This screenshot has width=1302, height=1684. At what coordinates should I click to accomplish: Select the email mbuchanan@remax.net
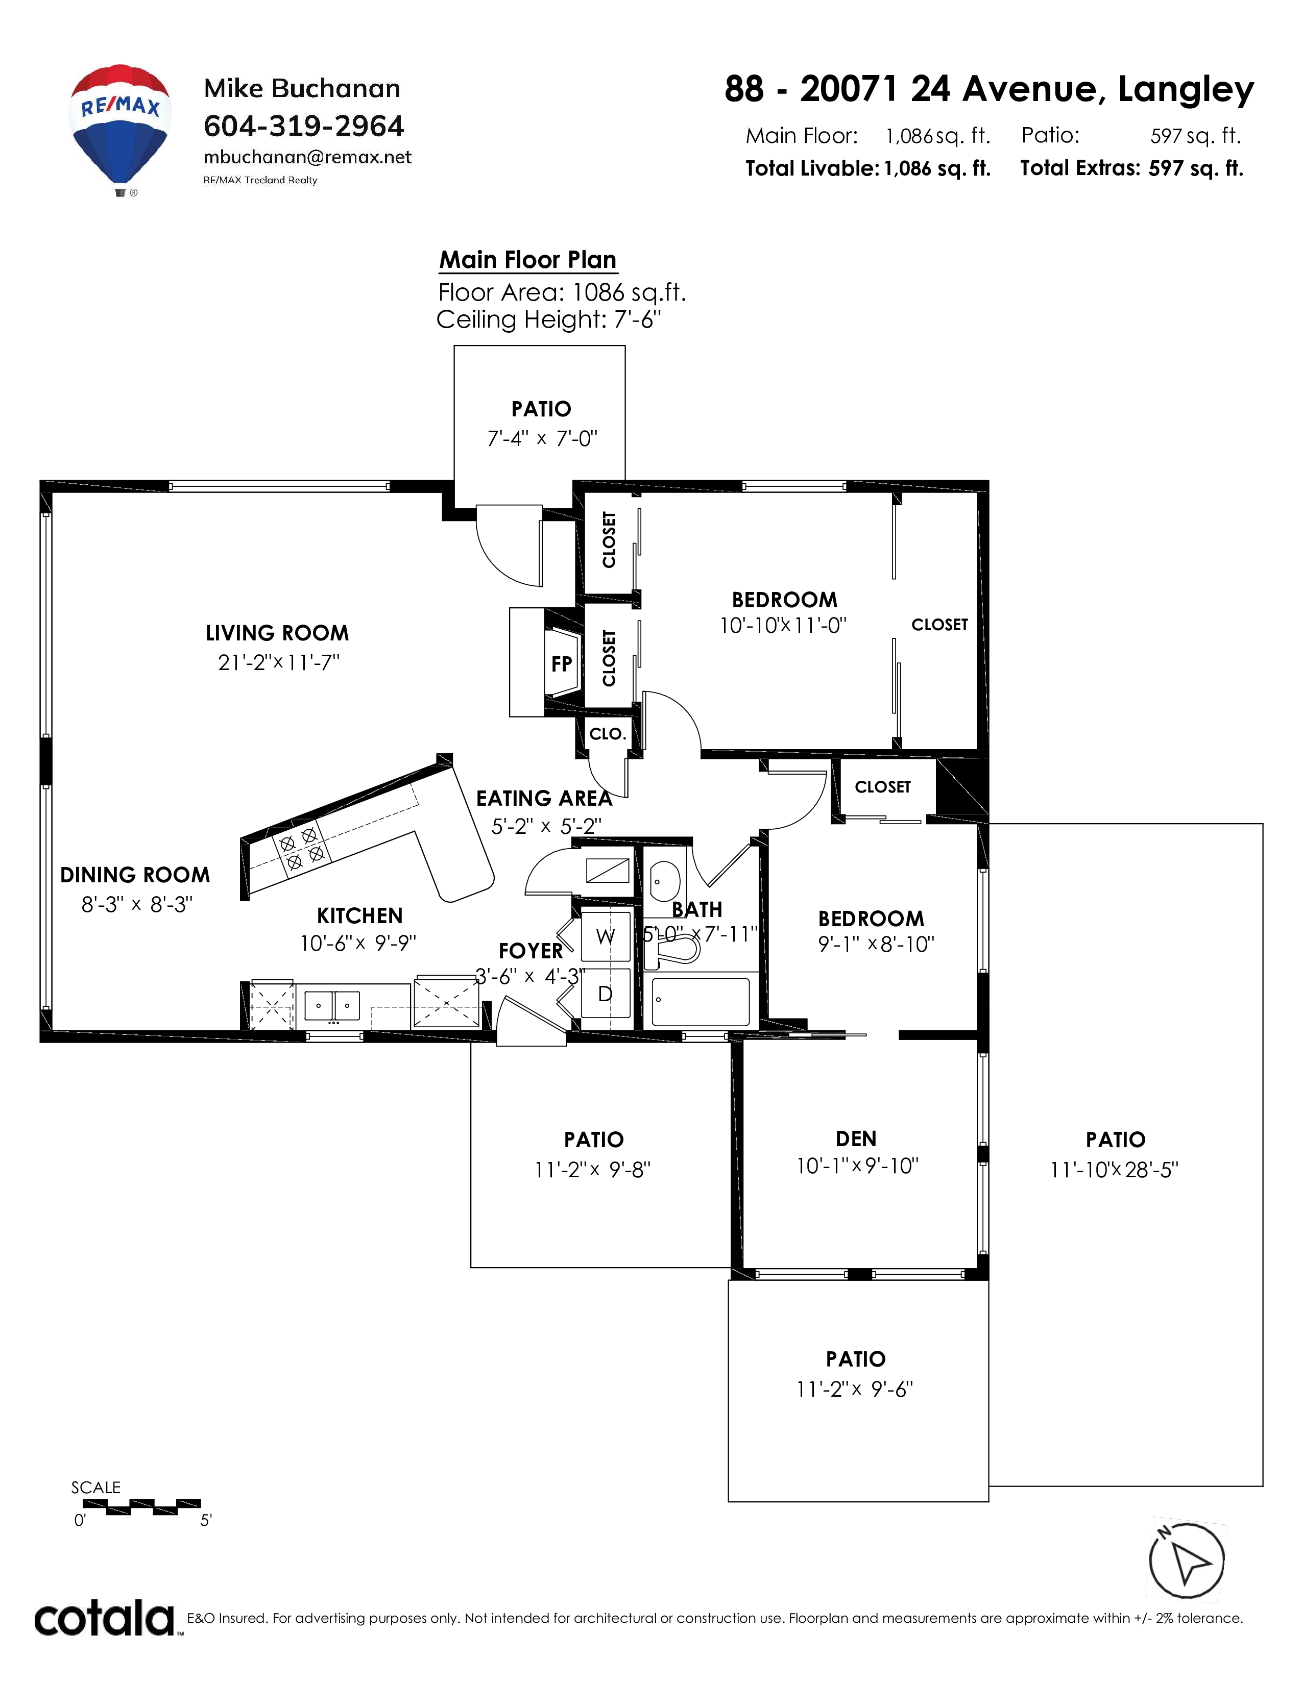coord(308,157)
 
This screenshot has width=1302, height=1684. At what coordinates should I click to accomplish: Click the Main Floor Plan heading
coord(528,260)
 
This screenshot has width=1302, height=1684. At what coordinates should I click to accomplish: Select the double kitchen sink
coord(332,1005)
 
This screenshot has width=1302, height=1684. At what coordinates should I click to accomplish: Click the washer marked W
coord(606,936)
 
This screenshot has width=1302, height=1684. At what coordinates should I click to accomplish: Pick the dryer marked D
coord(606,995)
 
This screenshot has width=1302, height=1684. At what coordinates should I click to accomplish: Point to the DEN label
coord(856,1139)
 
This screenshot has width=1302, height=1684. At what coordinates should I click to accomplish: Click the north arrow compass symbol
coord(1186,1560)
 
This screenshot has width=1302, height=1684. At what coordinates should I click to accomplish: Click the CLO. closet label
coord(607,733)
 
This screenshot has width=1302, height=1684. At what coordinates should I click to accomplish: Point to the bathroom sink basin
coord(665,881)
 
